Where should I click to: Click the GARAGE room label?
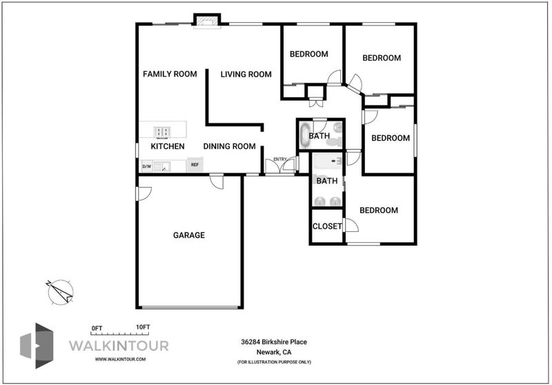tap(188, 235)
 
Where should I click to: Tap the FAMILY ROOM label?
tap(170, 74)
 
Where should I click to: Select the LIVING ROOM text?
tap(246, 75)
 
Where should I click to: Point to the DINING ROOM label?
tap(230, 146)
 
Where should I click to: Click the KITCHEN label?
tap(168, 146)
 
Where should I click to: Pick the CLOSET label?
tap(327, 226)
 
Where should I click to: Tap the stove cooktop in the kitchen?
tap(162, 132)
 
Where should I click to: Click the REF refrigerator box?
tap(195, 165)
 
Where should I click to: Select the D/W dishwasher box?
tap(146, 166)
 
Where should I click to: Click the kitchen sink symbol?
tap(162, 166)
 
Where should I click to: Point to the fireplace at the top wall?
tap(207, 21)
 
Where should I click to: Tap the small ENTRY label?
tap(280, 159)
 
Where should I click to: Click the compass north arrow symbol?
tap(60, 292)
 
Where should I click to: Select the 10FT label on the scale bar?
tap(143, 327)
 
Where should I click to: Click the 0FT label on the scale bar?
tap(97, 328)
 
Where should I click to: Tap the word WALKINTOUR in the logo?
tap(119, 346)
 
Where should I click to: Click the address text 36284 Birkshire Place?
tap(274, 342)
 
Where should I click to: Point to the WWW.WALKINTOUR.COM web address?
tap(120, 359)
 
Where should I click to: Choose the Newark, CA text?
tap(274, 352)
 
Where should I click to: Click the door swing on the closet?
tap(351, 225)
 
